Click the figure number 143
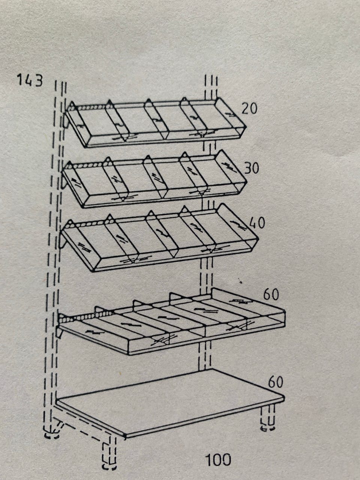[30, 80]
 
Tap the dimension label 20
[249, 108]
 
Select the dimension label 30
[252, 168]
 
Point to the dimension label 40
[257, 223]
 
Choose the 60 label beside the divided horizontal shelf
[271, 294]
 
